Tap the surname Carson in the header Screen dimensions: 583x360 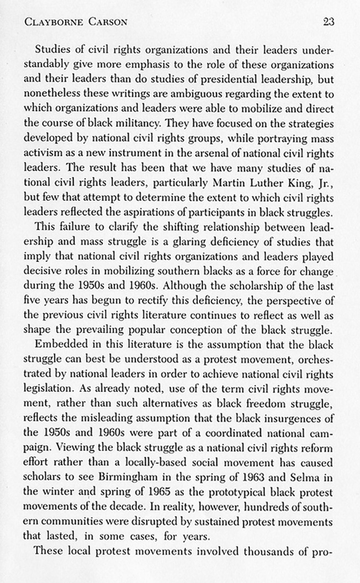[x=108, y=23]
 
